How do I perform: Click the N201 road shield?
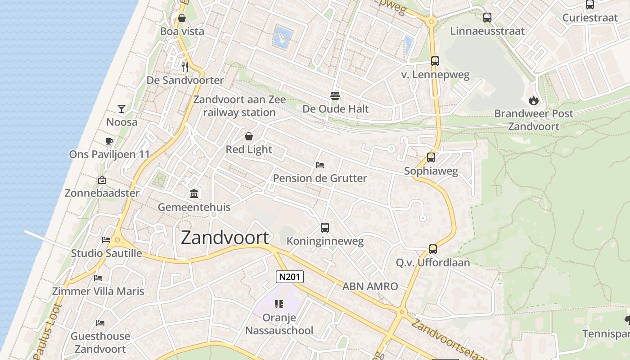(x=290, y=277)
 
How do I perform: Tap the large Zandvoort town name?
(x=225, y=238)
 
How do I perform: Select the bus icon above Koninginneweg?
(x=325, y=228)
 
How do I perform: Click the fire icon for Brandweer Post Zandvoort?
(x=534, y=100)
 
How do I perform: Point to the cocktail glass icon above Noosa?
(x=121, y=108)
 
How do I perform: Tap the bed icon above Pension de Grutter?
(x=320, y=165)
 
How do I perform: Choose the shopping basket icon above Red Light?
(x=249, y=136)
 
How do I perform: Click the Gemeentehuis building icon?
(x=194, y=194)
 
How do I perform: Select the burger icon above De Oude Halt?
(x=335, y=95)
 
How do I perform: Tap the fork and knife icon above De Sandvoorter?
(x=185, y=67)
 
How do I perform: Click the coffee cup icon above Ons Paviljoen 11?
(x=109, y=141)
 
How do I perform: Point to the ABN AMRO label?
(x=370, y=286)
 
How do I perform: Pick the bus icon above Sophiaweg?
(x=431, y=157)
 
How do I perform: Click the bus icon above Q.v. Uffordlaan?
(x=433, y=249)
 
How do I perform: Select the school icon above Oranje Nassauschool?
(x=279, y=304)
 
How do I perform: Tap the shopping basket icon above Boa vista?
(x=182, y=18)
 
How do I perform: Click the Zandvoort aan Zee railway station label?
(x=239, y=106)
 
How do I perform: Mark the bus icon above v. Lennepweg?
(x=435, y=61)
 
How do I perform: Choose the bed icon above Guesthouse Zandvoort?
(x=100, y=323)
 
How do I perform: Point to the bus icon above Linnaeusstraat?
(x=487, y=18)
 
